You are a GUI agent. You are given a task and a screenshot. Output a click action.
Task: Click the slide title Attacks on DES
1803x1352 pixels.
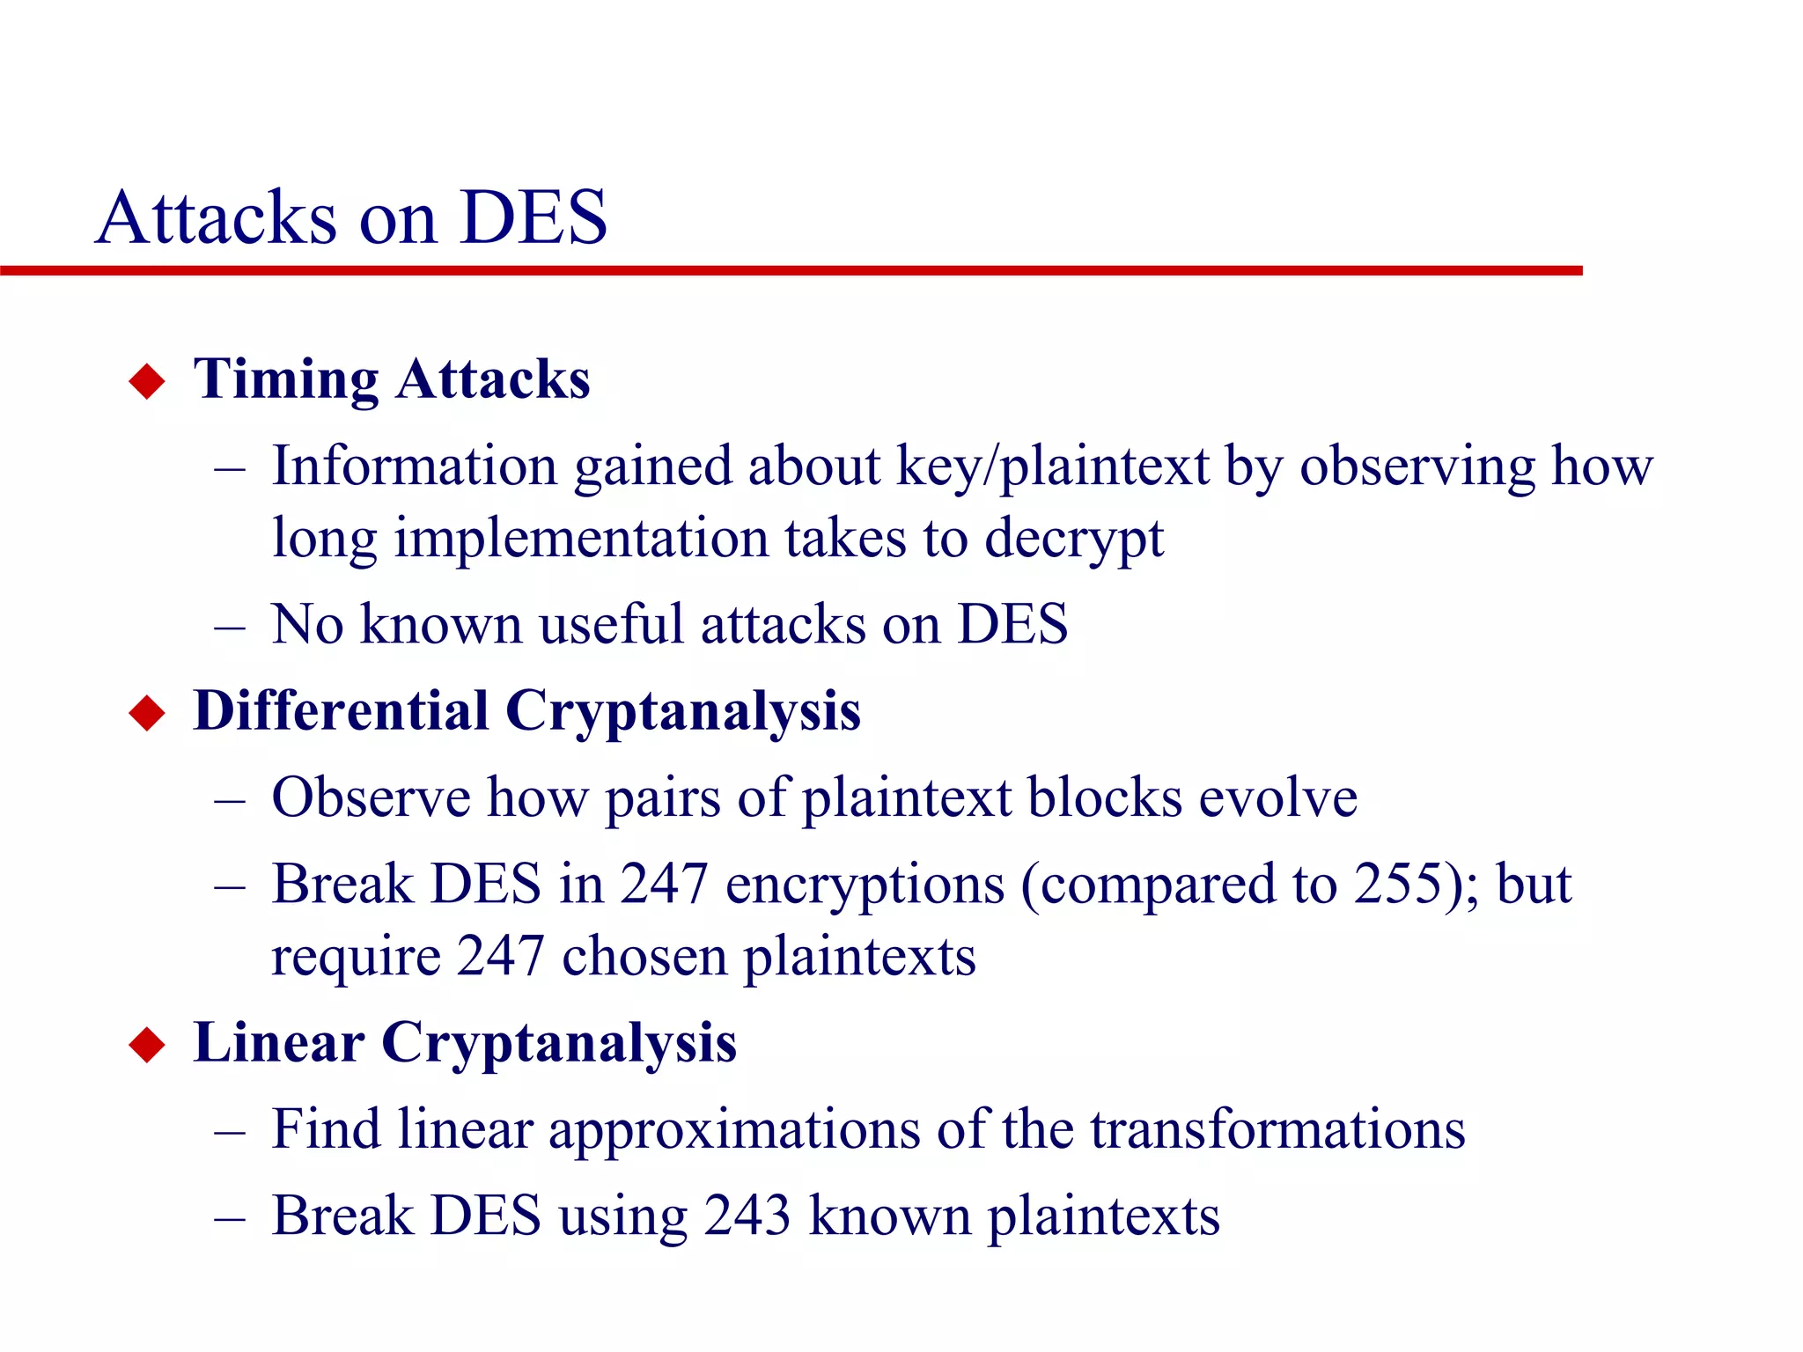tap(351, 217)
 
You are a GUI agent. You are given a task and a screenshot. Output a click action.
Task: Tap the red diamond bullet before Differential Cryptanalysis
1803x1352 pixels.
tap(147, 713)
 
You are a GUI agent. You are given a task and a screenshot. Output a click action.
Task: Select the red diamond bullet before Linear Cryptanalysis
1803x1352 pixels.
tap(147, 1045)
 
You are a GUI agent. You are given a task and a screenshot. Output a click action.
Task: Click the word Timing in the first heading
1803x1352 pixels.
tap(285, 380)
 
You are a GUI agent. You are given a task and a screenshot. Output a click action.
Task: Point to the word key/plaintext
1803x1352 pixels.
tap(1052, 467)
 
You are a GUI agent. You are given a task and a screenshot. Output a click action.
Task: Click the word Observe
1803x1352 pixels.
tap(371, 797)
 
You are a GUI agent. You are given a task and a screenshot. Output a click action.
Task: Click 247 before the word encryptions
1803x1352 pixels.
tap(664, 884)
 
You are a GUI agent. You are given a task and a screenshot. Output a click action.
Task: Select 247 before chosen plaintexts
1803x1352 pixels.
tap(500, 956)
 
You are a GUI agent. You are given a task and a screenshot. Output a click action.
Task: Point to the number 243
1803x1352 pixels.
tap(747, 1216)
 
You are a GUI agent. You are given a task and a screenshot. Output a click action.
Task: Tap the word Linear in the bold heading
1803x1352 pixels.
tap(278, 1043)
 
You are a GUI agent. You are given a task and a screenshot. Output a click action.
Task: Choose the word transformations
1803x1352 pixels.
tap(1277, 1129)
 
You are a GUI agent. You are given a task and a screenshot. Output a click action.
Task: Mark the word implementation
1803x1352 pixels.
tap(581, 539)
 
